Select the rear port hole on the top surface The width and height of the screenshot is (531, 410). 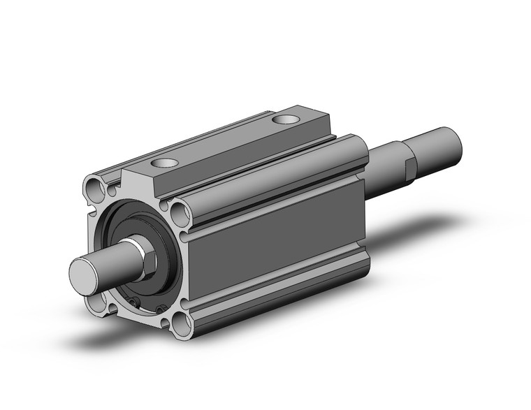[x=284, y=120]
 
